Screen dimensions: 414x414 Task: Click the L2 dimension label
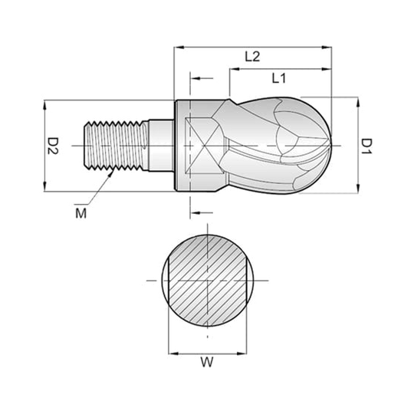coord(252,57)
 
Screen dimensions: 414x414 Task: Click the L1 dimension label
coord(279,78)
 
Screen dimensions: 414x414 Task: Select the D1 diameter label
coord(366,146)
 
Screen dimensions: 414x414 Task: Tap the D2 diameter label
coord(53,146)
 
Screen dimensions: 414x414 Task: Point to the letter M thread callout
coord(80,213)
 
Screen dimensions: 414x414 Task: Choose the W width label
coord(207,362)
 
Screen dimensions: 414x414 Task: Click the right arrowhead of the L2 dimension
coord(327,48)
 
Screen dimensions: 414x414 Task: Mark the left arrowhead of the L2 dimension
coord(179,48)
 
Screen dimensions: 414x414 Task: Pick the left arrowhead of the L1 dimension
coord(235,69)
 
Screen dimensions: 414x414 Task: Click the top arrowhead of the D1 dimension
coord(358,102)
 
